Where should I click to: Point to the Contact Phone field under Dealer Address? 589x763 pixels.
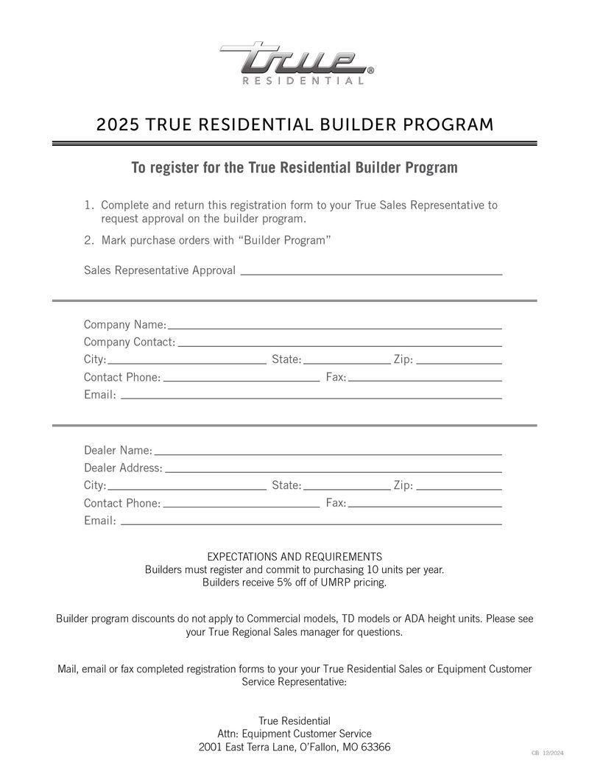pos(241,505)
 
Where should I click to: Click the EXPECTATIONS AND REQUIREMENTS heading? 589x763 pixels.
pos(294,557)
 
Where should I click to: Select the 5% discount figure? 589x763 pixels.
pos(279,583)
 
